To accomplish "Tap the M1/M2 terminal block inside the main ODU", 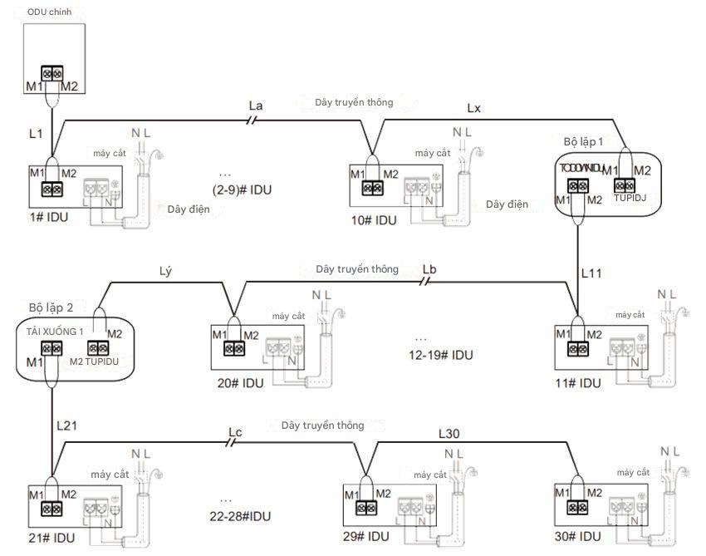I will [52, 74].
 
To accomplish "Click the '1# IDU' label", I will [47, 218].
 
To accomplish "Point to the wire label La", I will [256, 106].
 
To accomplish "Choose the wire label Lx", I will [473, 109].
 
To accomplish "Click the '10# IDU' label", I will [374, 220].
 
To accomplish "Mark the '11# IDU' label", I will [578, 383].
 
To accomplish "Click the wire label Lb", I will [429, 268].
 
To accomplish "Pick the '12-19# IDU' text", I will [440, 355].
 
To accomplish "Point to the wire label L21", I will [67, 425].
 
